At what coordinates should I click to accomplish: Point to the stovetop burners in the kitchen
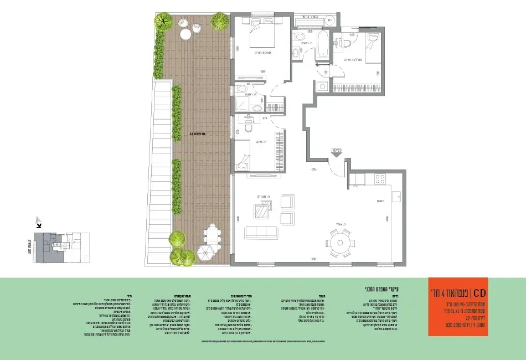pos(380,179)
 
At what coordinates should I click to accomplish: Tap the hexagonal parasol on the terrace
pos(205,254)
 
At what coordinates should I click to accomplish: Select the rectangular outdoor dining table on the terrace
pos(211,236)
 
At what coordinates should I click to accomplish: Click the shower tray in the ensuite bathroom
pos(242,105)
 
